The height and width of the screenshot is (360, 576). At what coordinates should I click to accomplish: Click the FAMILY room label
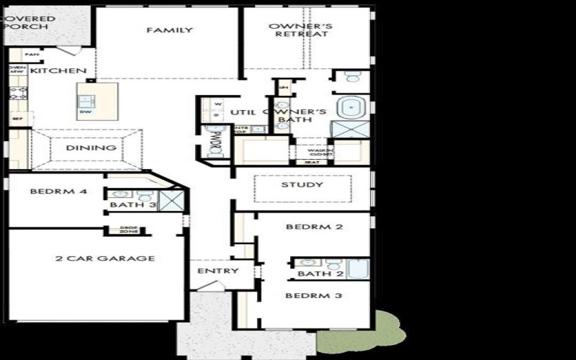[x=169, y=30]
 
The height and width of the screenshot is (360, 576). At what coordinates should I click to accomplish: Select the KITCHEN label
[x=68, y=71]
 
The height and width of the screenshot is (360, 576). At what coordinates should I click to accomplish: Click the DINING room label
[x=91, y=148]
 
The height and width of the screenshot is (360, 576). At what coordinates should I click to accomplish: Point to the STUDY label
[x=302, y=185]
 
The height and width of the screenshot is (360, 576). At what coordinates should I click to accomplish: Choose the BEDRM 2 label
[x=313, y=227]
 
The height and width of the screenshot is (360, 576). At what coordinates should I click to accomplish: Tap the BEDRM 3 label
[x=313, y=296]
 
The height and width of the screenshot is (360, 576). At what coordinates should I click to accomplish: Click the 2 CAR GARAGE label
[x=106, y=258]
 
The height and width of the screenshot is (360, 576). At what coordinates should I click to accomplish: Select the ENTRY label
[x=212, y=271]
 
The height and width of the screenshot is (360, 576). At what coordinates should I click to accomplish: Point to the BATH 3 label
[x=122, y=206]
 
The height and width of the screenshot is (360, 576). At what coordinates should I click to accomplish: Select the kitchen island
[x=97, y=101]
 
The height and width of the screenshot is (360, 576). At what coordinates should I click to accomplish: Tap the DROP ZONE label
[x=129, y=230]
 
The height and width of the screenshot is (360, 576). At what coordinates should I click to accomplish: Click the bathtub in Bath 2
[x=358, y=269]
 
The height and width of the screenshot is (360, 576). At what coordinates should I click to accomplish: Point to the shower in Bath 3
[x=170, y=200]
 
